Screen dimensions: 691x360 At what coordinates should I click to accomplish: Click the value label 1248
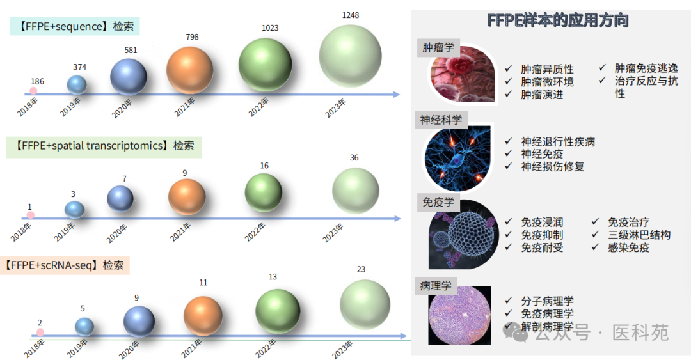pos(351,15)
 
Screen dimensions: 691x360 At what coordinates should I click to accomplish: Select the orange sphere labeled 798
pos(189,70)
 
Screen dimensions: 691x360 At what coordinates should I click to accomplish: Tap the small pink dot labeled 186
pos(33,91)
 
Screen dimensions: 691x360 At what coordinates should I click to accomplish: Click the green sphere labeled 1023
pos(265,65)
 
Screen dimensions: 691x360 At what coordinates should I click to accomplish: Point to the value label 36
pos(354,158)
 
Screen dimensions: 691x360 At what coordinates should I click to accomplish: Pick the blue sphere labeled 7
pos(120,199)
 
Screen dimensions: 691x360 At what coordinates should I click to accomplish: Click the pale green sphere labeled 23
pos(365,304)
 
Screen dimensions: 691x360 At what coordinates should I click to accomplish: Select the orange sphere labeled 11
pos(203,316)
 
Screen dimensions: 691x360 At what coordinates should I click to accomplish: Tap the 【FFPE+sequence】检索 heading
pos(75,26)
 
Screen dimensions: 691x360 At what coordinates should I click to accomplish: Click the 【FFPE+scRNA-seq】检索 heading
pos(65,265)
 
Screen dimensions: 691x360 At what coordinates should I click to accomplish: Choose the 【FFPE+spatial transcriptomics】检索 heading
pos(104,146)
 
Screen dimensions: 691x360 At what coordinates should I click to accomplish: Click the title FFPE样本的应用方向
pos(557,20)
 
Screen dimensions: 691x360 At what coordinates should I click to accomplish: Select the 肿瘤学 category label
pos(438,47)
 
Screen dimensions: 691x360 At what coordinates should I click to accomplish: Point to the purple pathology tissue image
pos(459,315)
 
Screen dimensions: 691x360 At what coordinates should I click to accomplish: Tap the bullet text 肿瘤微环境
pos(547,82)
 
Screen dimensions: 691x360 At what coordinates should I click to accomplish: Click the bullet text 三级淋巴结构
pos(639,235)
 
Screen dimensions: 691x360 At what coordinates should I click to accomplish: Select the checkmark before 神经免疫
pos(509,153)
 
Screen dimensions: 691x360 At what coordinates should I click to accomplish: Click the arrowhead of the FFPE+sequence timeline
pos(396,94)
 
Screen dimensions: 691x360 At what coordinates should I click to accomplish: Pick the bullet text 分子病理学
pos(547,301)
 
